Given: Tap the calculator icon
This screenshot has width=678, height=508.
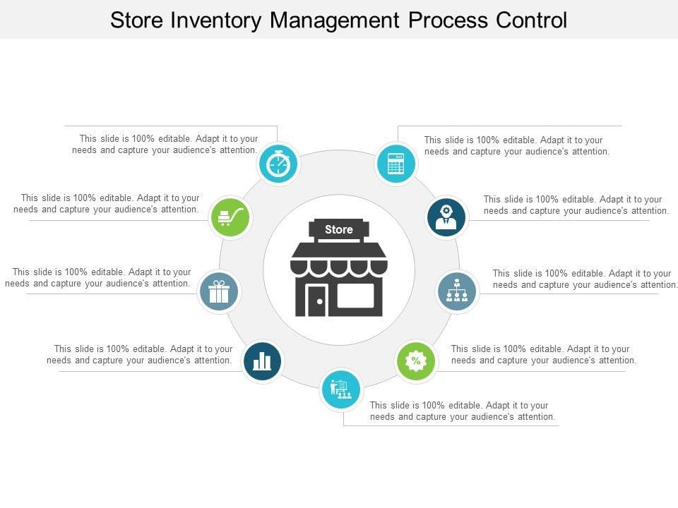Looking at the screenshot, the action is click(395, 164).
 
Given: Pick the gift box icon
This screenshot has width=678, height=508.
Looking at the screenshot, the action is click(219, 291).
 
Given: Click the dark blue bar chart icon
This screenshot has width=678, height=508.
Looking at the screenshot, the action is click(262, 361).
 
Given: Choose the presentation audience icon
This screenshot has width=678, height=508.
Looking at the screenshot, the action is click(340, 389).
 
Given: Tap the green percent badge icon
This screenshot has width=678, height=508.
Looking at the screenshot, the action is click(415, 361).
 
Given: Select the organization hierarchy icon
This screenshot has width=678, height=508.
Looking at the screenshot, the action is click(457, 291).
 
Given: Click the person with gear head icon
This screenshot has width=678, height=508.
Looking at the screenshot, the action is click(446, 217).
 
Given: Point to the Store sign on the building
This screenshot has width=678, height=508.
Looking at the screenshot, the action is click(339, 229).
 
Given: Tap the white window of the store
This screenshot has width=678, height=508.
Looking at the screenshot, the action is click(355, 296).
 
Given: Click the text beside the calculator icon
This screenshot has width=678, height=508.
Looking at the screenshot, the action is click(516, 145).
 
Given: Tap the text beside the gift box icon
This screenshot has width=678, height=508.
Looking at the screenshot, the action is click(97, 277).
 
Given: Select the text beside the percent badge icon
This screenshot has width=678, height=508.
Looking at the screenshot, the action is click(543, 354).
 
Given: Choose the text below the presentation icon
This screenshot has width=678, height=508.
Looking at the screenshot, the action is click(463, 411).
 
